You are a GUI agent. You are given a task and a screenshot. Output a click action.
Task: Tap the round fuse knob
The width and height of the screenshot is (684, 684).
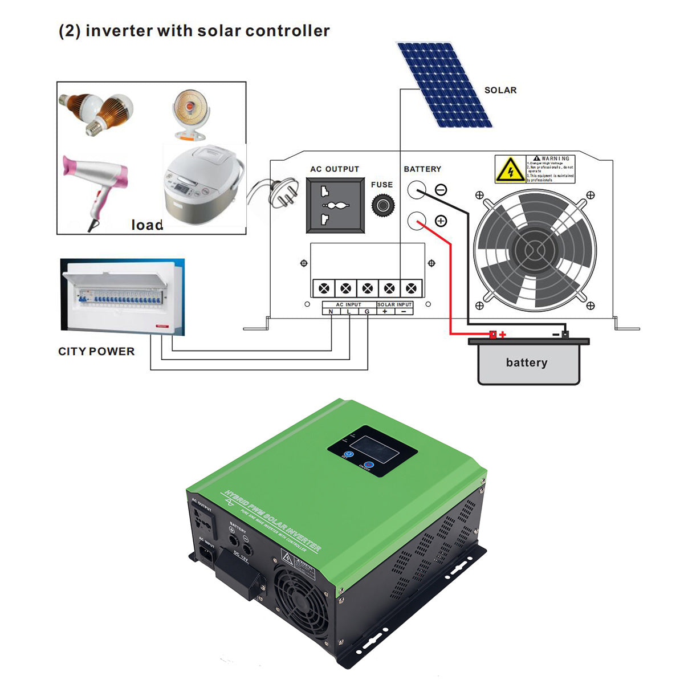pos(382,205)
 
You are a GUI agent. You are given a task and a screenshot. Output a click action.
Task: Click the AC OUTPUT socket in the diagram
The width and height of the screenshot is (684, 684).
pos(335,205)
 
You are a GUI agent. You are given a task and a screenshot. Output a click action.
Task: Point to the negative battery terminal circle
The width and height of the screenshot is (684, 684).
pos(417,190)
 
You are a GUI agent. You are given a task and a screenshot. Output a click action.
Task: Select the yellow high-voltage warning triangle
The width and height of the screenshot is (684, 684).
pos(510,169)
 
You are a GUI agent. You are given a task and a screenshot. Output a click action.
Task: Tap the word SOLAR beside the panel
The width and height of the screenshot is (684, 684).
pos(500,90)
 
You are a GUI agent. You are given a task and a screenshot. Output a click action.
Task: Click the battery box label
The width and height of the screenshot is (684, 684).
pos(526,363)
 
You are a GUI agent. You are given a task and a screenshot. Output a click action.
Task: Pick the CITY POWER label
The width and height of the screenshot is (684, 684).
pos(96,352)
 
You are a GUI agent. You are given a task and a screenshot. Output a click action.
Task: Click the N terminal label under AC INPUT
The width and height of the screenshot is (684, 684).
pos(331,312)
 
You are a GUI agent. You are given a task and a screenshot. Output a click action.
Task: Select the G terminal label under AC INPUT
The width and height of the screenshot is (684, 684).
pos(367,312)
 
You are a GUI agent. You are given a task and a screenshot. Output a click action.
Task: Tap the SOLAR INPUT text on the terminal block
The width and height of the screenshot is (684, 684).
pos(394,305)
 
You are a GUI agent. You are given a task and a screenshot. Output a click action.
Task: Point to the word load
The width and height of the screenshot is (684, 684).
pos(147,225)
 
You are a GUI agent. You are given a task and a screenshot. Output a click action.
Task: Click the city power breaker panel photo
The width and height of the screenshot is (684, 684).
pos(123,295)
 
